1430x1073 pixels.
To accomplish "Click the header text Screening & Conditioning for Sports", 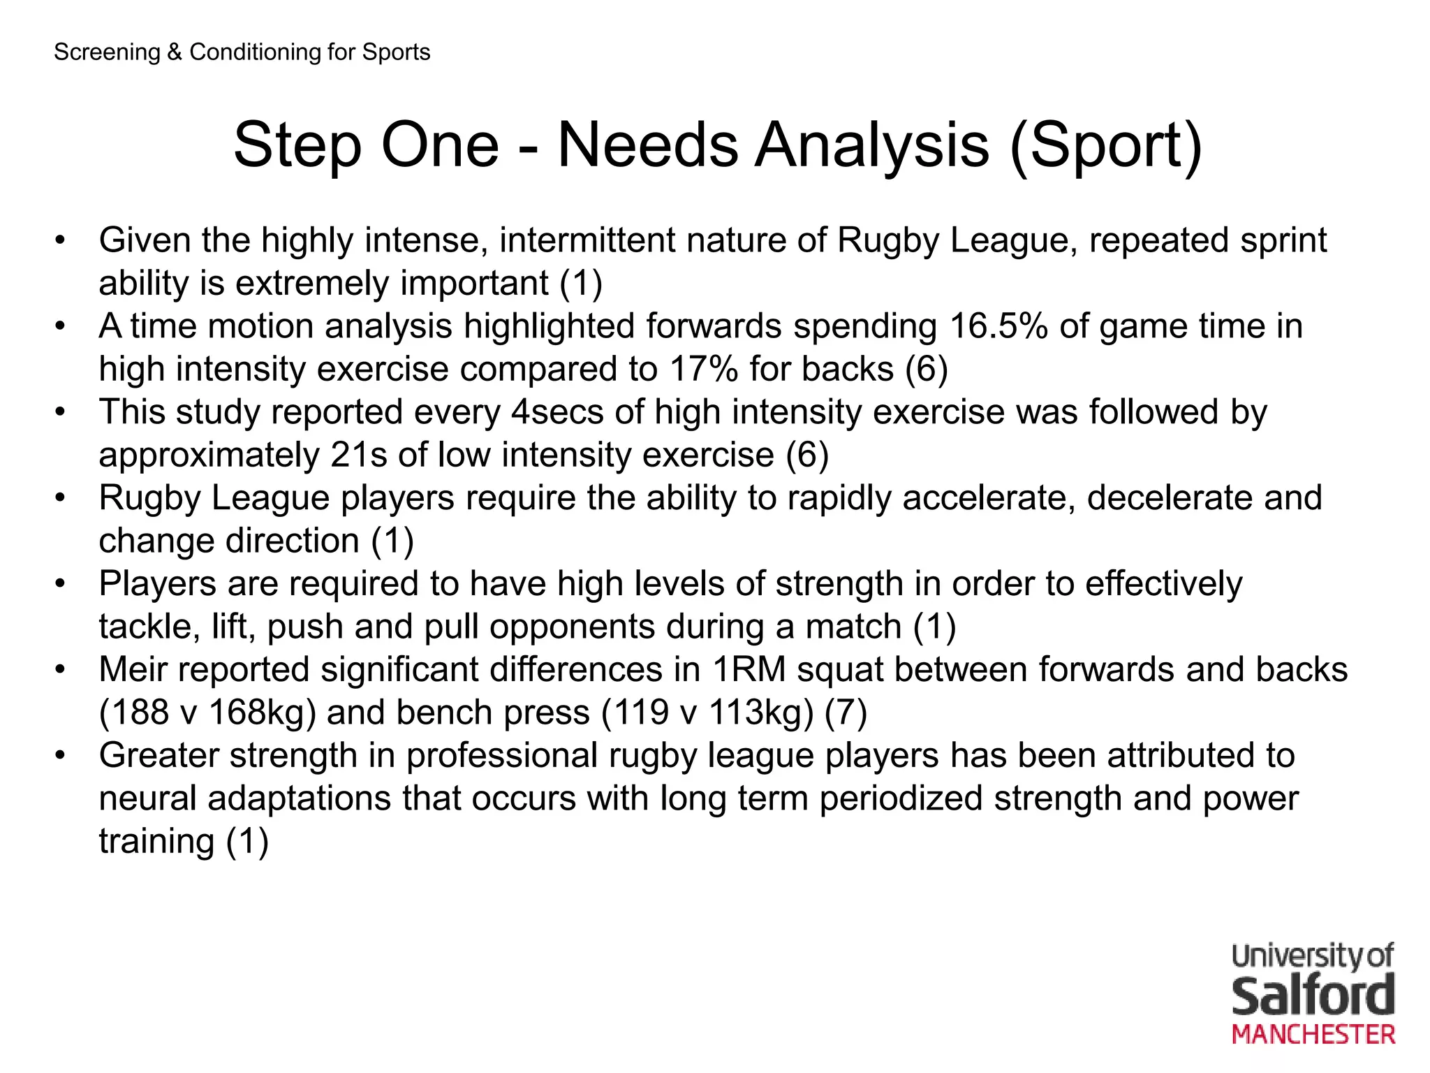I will [x=242, y=52].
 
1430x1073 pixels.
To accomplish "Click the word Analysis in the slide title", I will [x=873, y=145].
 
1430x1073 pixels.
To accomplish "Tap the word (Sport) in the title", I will [x=1106, y=145].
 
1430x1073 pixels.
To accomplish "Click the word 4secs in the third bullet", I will [x=556, y=412].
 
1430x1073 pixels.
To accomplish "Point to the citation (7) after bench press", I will [x=846, y=713].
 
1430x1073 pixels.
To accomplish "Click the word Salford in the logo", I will [x=1313, y=996].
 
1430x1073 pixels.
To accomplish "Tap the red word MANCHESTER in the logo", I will [x=1313, y=1035].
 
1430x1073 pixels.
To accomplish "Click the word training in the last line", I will [x=156, y=841].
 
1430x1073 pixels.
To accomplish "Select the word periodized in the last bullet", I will [x=901, y=798].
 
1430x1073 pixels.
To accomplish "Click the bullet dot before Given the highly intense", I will [x=61, y=241].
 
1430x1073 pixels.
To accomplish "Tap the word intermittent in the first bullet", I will [x=587, y=240].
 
